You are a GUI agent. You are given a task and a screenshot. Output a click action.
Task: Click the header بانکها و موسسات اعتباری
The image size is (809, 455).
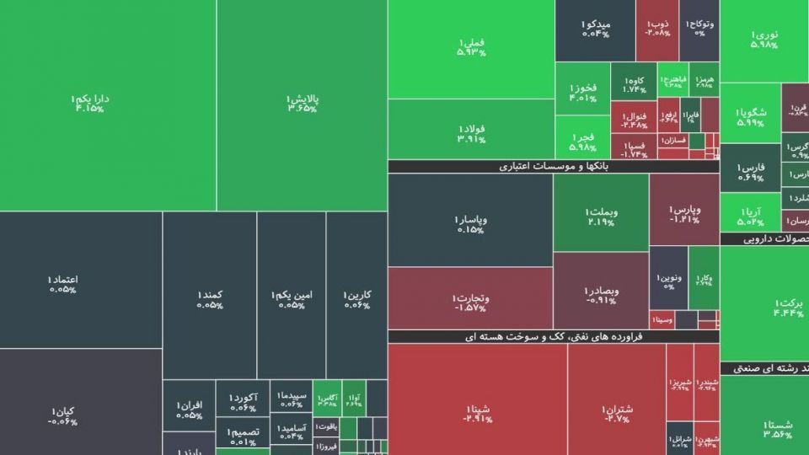click(553, 167)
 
